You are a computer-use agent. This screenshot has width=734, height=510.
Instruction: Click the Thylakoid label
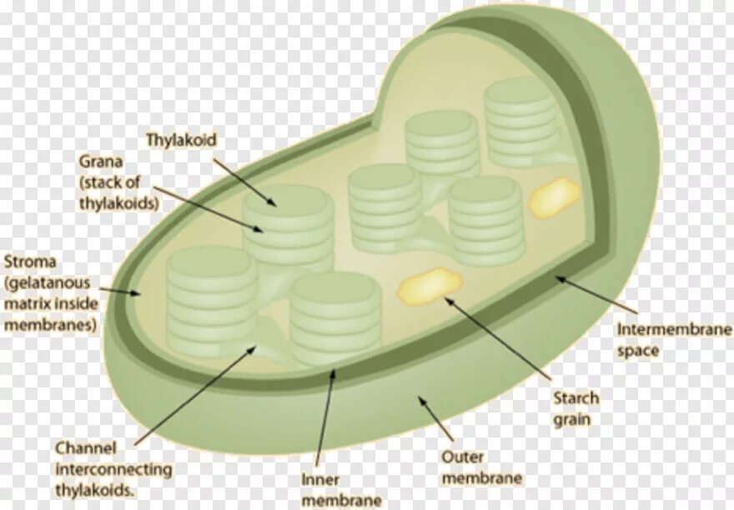click(181, 140)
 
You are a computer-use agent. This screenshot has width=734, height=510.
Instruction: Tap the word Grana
click(98, 160)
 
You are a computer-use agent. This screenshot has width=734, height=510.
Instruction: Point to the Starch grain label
click(576, 408)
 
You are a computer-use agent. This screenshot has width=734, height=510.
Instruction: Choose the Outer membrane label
click(481, 467)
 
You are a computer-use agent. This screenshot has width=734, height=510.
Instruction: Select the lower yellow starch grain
click(426, 286)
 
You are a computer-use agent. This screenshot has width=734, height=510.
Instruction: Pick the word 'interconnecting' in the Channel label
click(113, 470)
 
